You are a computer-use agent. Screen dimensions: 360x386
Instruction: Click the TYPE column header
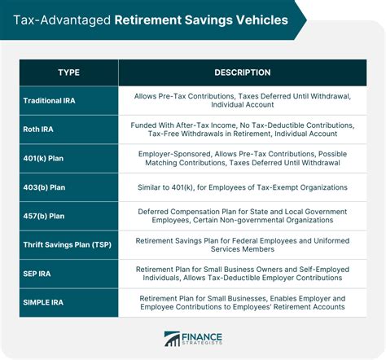click(x=69, y=73)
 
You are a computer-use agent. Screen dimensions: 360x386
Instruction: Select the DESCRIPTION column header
click(x=243, y=73)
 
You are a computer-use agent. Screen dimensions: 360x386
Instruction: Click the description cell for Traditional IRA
click(x=243, y=101)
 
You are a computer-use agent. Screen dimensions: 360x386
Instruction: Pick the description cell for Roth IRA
click(x=243, y=129)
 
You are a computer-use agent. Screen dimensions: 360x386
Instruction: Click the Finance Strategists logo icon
click(x=172, y=339)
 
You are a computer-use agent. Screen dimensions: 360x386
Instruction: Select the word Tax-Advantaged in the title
click(x=56, y=18)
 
